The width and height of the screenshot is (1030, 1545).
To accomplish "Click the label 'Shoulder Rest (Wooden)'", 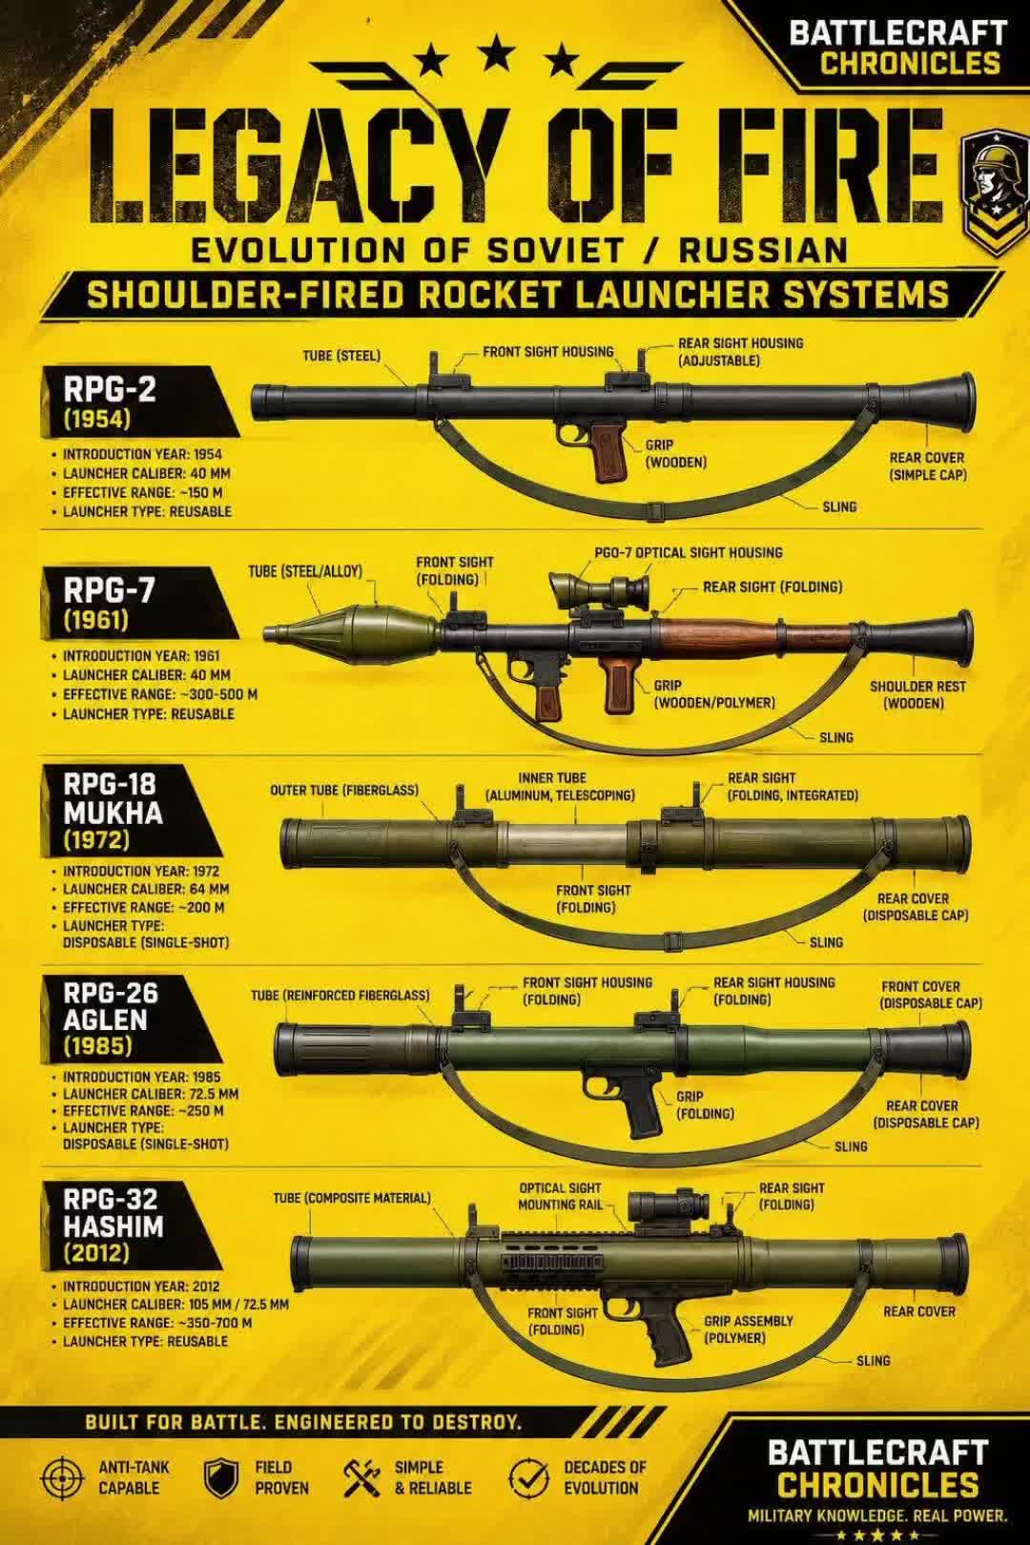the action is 917,694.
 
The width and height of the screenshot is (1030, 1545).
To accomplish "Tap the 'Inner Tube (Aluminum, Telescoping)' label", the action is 560,787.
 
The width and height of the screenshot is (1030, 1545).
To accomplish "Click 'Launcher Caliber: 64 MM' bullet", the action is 146,889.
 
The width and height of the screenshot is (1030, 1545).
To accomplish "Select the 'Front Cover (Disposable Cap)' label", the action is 931,995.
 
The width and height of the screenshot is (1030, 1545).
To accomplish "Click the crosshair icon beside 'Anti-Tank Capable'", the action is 63,1478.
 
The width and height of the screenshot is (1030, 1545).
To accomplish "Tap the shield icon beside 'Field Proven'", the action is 221,1478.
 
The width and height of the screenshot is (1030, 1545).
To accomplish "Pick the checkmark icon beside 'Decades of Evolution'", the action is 529,1478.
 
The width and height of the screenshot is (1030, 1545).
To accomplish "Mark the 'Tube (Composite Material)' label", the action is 352,1199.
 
